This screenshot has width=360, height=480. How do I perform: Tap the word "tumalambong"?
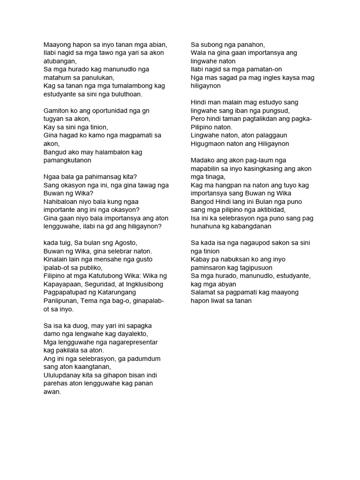click(x=133, y=86)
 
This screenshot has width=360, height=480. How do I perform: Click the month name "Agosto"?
click(x=123, y=243)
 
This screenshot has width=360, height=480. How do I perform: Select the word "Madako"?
click(x=202, y=160)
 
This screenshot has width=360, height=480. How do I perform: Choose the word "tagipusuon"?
click(x=254, y=268)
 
